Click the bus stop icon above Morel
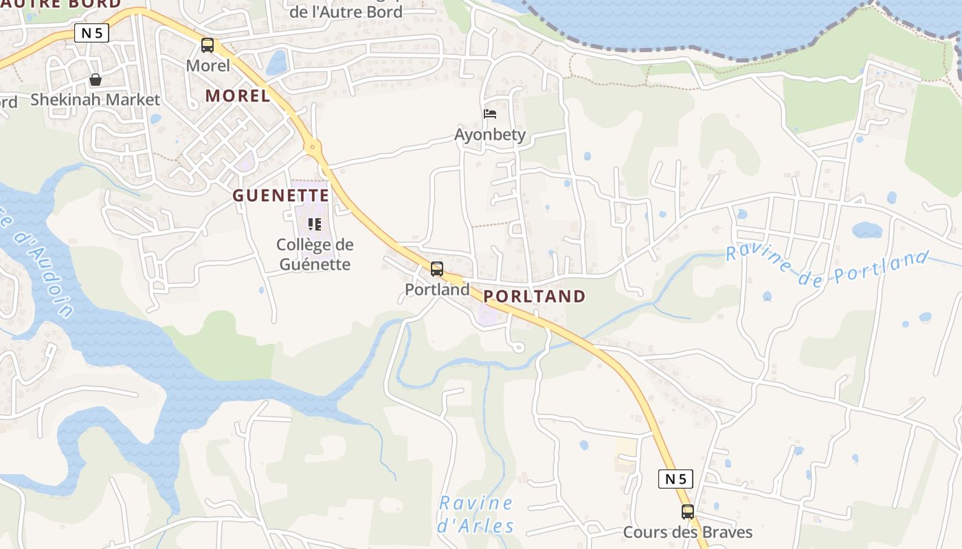208,45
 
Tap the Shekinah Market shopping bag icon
96,80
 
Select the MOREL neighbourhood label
238,96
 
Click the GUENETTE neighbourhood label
280,196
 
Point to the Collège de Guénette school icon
315,224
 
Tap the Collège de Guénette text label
314,255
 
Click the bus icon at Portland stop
437,269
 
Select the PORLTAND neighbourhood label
535,296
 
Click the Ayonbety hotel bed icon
490,113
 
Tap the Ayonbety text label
490,135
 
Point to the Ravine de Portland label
828,267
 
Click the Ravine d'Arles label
476,515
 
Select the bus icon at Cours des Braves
688,511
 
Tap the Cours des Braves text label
688,533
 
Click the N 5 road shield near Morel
91,33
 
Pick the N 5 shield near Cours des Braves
675,478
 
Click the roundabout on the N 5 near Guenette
313,145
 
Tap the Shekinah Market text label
95,100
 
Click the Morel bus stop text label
208,66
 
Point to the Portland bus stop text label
437,290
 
